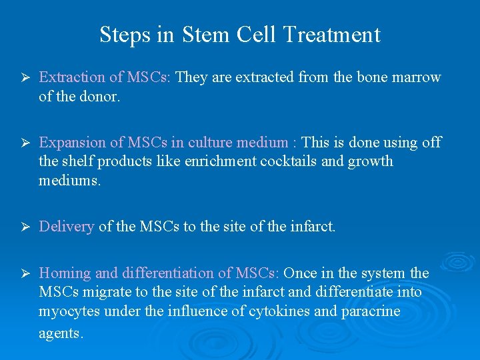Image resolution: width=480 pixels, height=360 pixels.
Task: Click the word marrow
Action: click(416, 77)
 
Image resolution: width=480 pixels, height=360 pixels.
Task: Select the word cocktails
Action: click(269, 161)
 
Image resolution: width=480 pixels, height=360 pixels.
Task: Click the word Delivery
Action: click(67, 227)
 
